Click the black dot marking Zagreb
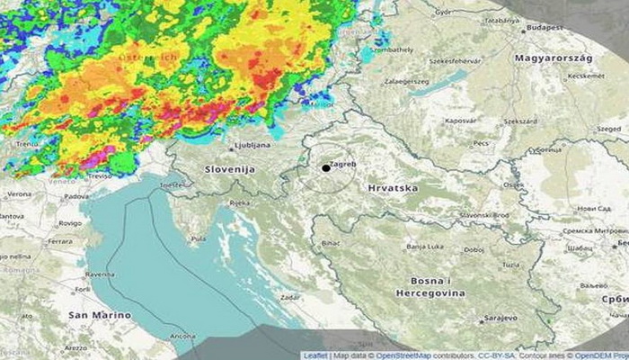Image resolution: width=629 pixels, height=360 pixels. click(x=325, y=168)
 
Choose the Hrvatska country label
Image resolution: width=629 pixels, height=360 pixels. click(x=393, y=188)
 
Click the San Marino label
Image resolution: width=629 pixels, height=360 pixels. click(x=99, y=316)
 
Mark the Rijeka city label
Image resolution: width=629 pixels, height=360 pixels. click(x=240, y=203)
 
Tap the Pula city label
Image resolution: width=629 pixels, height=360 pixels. click(x=198, y=239)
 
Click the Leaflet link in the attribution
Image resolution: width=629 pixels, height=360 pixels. click(x=315, y=355)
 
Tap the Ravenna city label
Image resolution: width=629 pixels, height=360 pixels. click(x=99, y=273)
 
